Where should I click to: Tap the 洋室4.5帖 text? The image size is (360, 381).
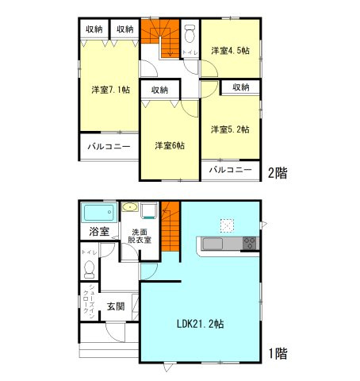[x=230, y=51]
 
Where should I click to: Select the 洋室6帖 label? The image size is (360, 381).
[x=169, y=145]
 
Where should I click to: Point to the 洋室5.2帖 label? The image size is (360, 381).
[x=230, y=129]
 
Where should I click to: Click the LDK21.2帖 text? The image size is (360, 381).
[x=200, y=323]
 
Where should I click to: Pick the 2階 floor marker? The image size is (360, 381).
[x=276, y=172]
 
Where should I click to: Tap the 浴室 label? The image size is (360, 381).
[x=99, y=233]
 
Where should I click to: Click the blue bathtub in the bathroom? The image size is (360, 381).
[x=99, y=213]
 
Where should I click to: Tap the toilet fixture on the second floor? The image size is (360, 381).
[x=190, y=37]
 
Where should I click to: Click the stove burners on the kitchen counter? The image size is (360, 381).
[x=249, y=244]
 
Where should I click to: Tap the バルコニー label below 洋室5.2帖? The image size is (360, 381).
[x=231, y=170]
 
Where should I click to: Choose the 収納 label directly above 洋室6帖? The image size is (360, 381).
[x=159, y=90]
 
